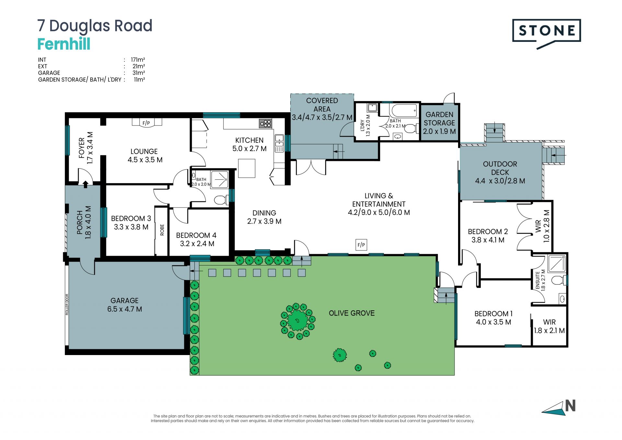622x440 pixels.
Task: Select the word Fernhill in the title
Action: pyautogui.click(x=64, y=44)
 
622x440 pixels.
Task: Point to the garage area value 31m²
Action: pyautogui.click(x=139, y=73)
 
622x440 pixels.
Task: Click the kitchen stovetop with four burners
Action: pyautogui.click(x=265, y=123)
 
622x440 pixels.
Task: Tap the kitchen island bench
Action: pyautogui.click(x=247, y=168)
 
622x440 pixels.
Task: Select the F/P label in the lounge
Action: pyautogui.click(x=146, y=123)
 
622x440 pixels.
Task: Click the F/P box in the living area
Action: pyautogui.click(x=361, y=245)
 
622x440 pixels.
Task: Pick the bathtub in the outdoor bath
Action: pyautogui.click(x=404, y=111)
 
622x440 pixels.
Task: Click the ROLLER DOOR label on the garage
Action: pyautogui.click(x=67, y=304)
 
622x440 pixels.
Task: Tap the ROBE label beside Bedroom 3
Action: pyautogui.click(x=162, y=230)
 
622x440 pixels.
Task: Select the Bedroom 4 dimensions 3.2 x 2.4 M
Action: pyautogui.click(x=197, y=244)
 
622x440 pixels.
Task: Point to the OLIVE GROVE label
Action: pyautogui.click(x=352, y=313)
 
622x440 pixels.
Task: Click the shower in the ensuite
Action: pyautogui.click(x=557, y=264)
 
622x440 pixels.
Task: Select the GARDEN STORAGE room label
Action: pyautogui.click(x=440, y=119)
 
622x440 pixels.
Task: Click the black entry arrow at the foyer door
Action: pyautogui.click(x=86, y=184)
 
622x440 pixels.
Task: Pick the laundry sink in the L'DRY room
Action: pyautogui.click(x=373, y=108)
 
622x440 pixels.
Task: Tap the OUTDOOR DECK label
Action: pyautogui.click(x=500, y=168)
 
